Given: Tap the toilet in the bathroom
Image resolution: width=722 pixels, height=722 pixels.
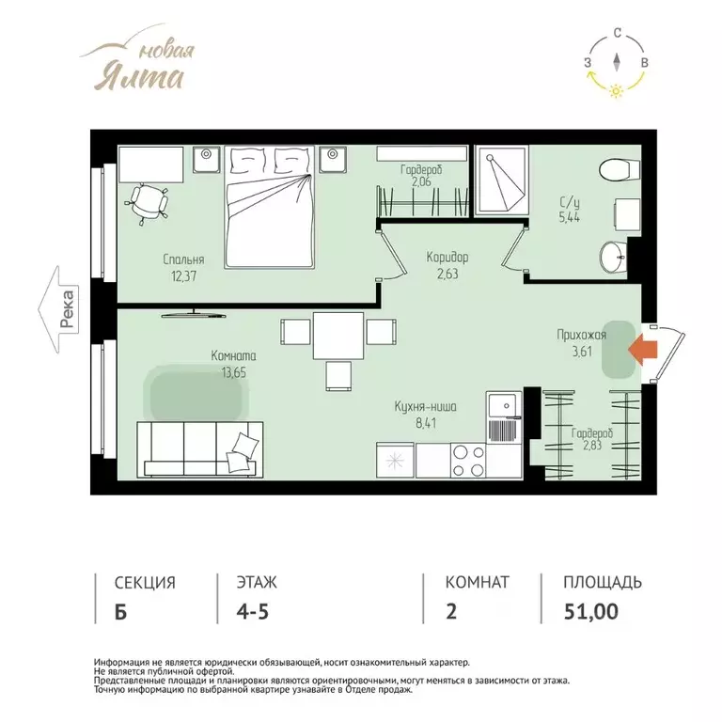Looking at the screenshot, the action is tap(620, 170).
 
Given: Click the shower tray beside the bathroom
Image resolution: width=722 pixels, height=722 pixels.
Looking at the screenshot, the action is tap(501, 180).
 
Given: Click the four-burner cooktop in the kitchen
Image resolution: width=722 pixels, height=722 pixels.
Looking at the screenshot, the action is tap(468, 461).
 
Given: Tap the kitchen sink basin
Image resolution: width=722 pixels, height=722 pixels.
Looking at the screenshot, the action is tap(505, 405).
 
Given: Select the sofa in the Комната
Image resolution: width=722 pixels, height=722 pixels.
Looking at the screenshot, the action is tap(200, 449).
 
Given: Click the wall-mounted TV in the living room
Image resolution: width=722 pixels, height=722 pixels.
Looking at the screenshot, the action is tap(194, 314).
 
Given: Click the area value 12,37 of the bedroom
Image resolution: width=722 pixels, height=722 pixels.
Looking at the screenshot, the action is tap(183, 276).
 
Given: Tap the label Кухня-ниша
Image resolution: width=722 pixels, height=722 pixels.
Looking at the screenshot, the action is tap(426, 407).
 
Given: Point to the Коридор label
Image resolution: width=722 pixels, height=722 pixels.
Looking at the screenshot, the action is tap(447, 257).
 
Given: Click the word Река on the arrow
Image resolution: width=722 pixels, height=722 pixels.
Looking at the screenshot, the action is tap(68, 309).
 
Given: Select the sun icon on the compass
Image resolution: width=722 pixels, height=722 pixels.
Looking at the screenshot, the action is tap(616, 90).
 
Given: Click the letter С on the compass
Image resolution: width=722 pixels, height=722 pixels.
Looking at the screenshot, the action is tap(618, 33).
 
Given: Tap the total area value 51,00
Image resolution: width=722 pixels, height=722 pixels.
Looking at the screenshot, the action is tap(591, 611).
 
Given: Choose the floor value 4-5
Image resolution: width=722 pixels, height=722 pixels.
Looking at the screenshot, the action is tap(252, 611).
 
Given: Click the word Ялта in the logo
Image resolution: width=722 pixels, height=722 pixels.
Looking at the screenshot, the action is tap(139, 77).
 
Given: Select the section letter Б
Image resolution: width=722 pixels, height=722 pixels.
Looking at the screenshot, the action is tap(120, 612).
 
